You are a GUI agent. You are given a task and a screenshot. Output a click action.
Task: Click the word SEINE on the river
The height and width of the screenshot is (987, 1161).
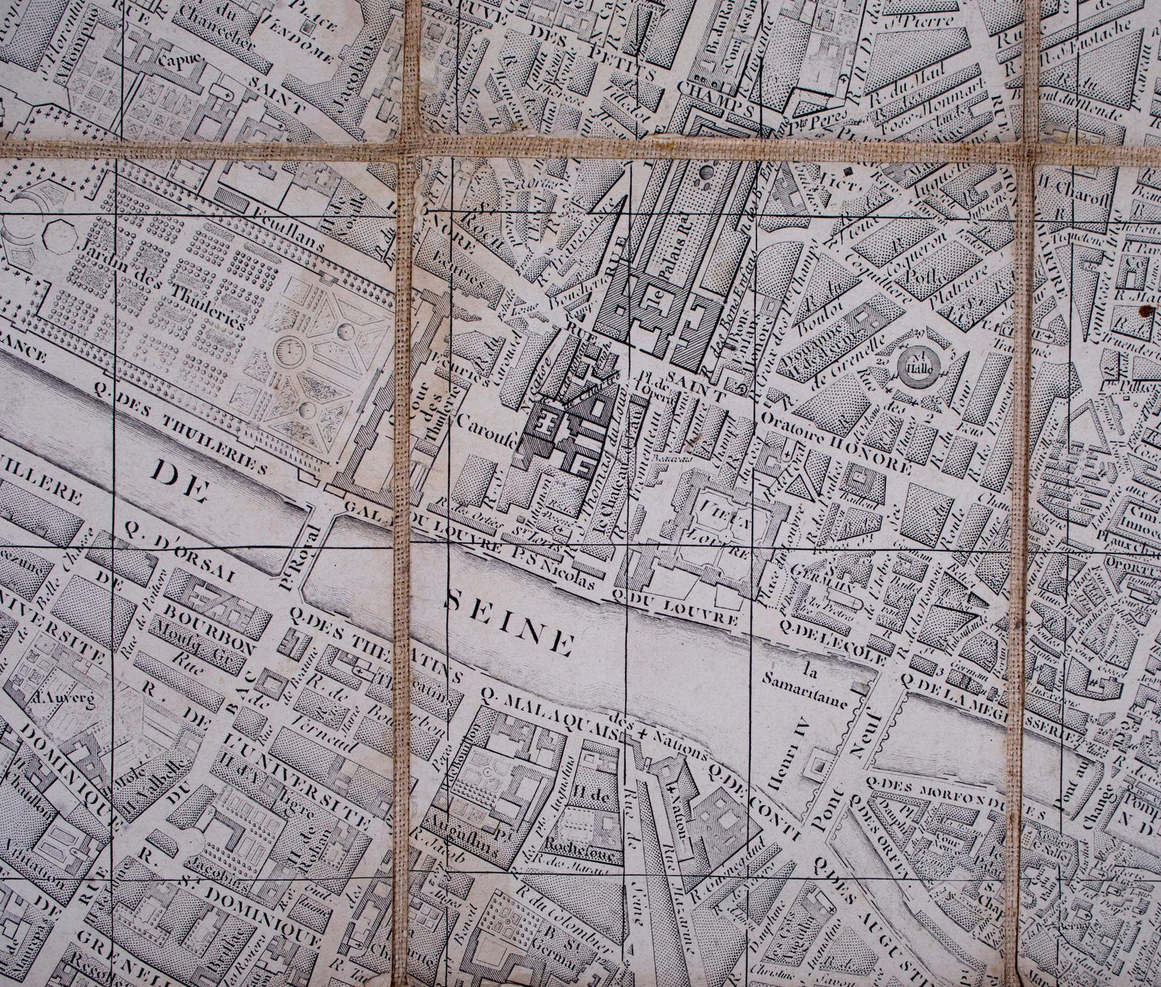(x=508, y=621)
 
